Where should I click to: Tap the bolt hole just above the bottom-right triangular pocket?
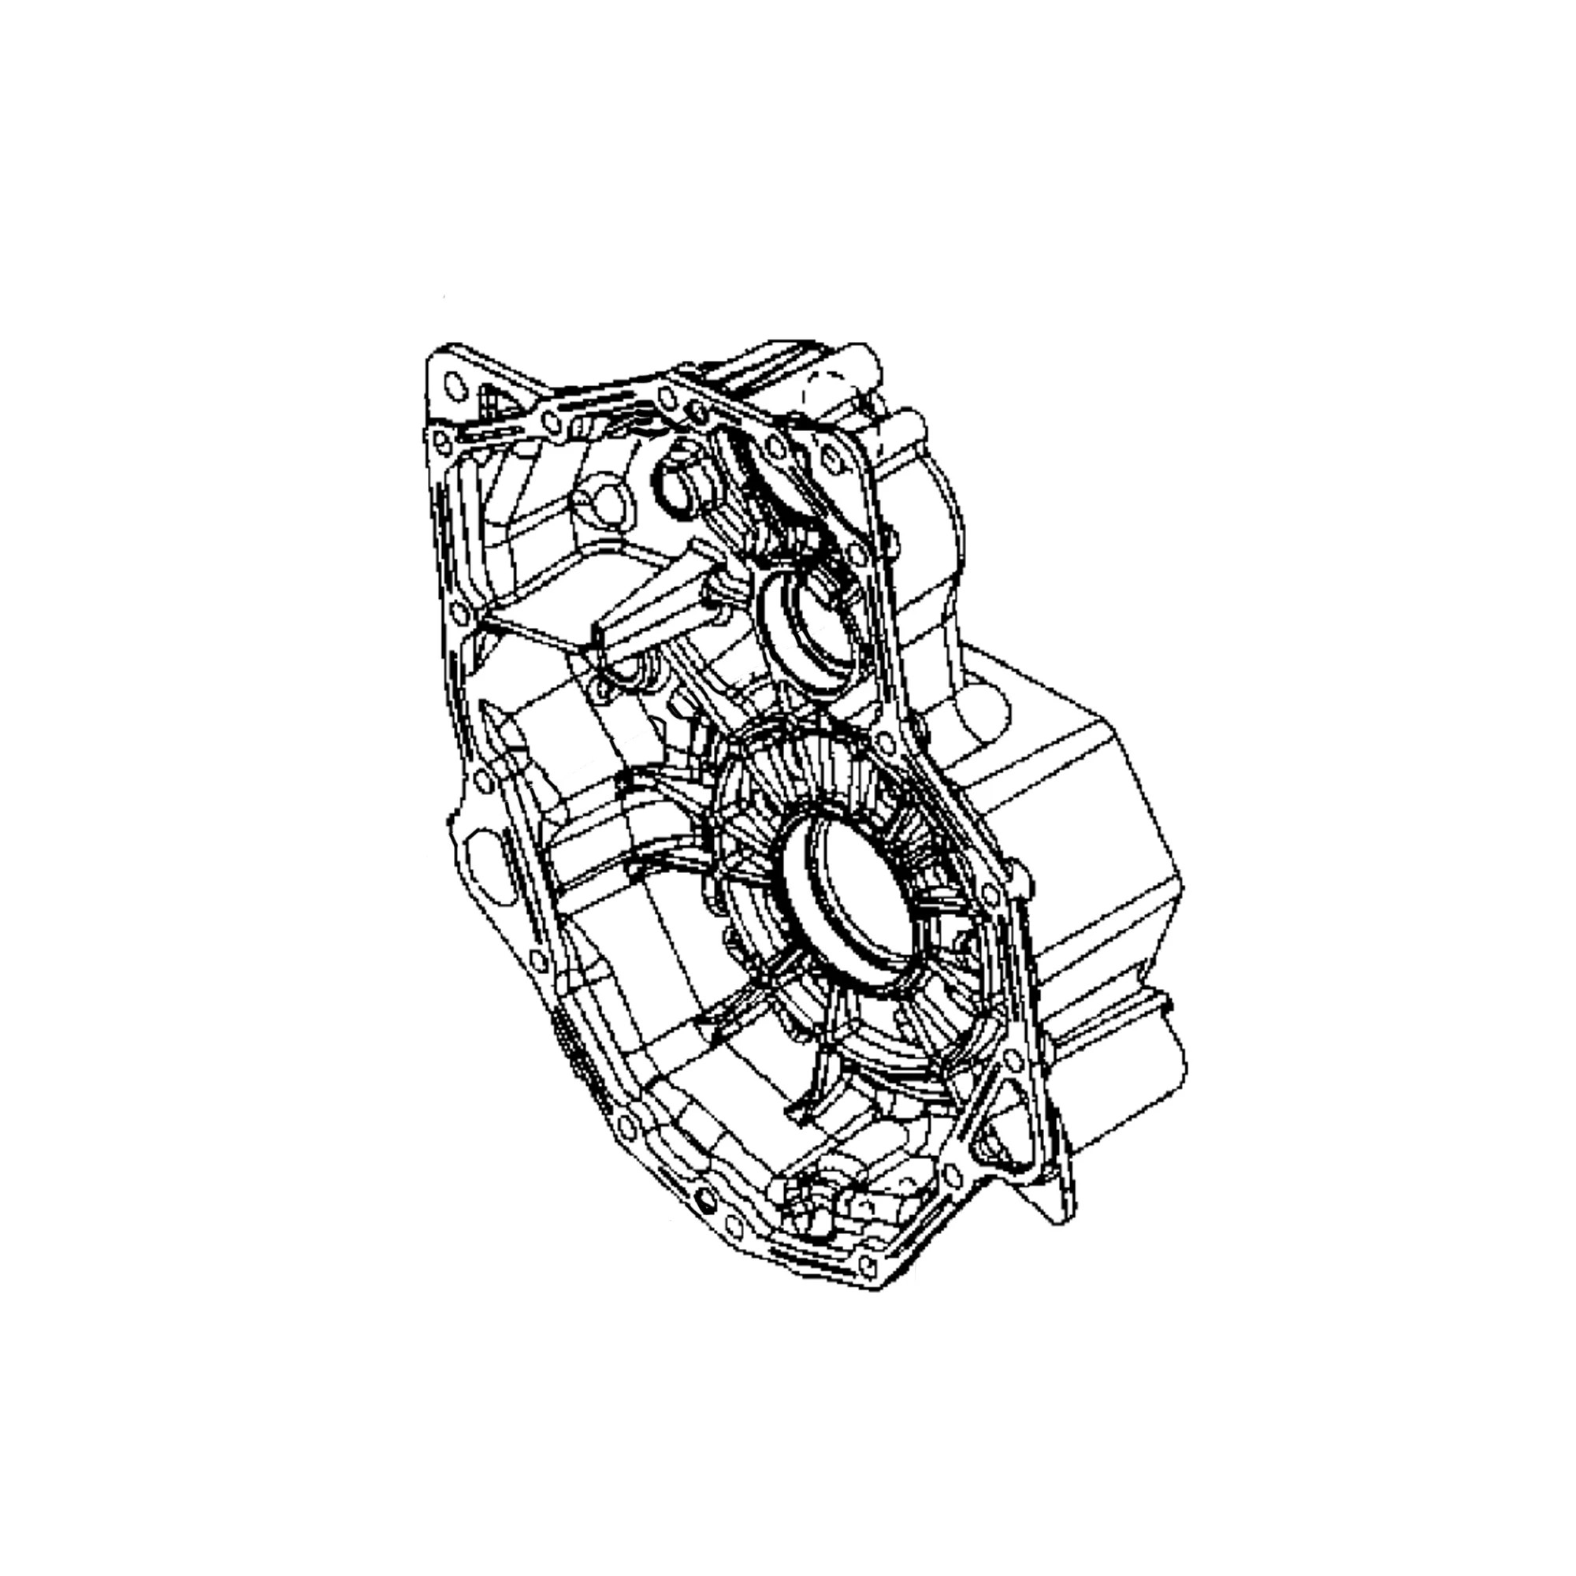(x=1013, y=1061)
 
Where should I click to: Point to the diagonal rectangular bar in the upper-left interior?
(x=645, y=611)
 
